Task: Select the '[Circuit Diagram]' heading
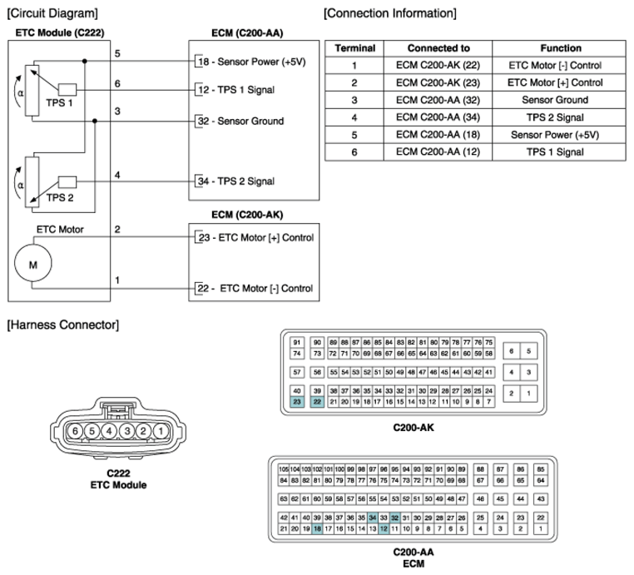(52, 12)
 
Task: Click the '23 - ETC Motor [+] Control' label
(255, 238)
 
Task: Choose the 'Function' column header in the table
(560, 48)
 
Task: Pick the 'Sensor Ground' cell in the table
(560, 100)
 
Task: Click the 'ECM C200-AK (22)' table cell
(438, 65)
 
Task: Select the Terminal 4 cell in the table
(354, 117)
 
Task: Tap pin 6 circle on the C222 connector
(75, 431)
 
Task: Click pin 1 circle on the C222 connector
(160, 431)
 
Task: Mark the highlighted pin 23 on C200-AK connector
(297, 402)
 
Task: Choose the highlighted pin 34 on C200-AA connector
(373, 518)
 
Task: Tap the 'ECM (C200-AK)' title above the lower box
(247, 215)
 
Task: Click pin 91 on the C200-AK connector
(297, 342)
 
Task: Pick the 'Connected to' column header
(438, 48)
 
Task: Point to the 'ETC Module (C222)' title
(58, 32)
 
